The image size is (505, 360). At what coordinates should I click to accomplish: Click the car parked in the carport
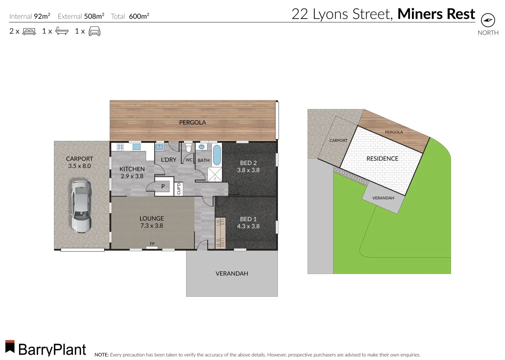click(81, 207)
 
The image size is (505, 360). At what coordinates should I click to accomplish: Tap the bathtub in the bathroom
click(217, 155)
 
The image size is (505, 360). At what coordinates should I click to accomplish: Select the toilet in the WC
click(188, 148)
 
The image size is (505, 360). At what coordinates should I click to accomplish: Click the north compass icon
click(488, 20)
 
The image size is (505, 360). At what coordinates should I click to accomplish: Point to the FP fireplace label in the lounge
click(152, 244)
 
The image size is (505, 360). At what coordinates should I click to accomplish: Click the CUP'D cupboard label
click(178, 189)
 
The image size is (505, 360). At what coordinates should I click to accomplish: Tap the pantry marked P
click(163, 186)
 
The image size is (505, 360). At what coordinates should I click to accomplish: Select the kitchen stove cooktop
click(120, 147)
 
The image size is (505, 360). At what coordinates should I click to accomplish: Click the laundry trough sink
click(159, 147)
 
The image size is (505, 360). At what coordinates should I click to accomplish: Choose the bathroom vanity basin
click(202, 147)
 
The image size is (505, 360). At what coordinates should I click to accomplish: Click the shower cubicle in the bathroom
click(215, 174)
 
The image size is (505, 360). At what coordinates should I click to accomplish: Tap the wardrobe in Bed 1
click(220, 232)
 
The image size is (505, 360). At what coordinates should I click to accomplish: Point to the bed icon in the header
click(29, 31)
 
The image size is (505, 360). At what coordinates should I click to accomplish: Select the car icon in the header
click(94, 31)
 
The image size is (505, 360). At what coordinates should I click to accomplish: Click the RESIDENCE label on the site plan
click(382, 159)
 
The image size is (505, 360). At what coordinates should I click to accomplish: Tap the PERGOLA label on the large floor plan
click(192, 122)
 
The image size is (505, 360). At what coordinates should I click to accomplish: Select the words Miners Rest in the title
click(436, 14)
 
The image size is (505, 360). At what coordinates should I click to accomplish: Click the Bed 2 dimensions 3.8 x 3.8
click(248, 170)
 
